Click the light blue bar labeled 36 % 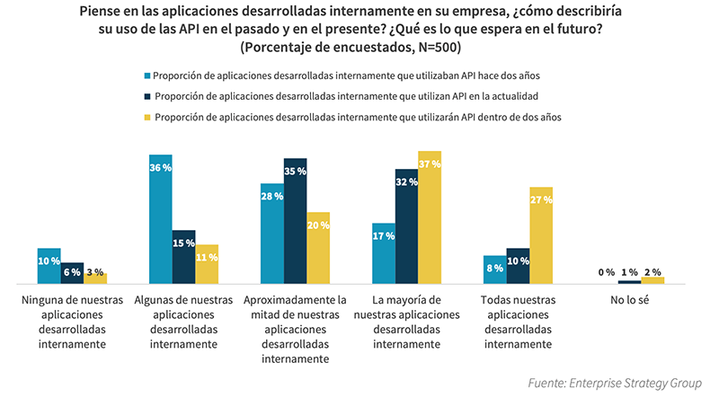click(160, 219)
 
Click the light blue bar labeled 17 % click(384, 253)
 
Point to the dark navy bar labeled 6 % click(72, 273)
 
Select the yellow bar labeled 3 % click(95, 278)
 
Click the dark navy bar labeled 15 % click(183, 257)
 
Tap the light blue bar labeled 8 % click(495, 270)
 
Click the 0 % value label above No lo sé click(606, 272)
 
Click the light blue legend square click(147, 75)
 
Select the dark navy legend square click(147, 95)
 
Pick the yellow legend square click(147, 117)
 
